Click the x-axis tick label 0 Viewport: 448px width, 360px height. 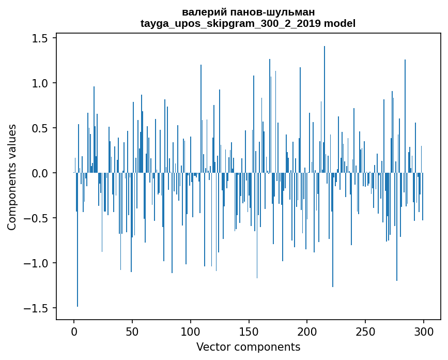[74, 331]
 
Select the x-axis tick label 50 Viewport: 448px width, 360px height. [132, 331]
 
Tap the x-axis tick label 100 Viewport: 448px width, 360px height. [191, 331]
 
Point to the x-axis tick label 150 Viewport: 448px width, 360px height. [249, 331]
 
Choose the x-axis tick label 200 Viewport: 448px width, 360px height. [307, 331]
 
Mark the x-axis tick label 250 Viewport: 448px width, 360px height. [365, 331]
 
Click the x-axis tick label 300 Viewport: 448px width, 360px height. [424, 331]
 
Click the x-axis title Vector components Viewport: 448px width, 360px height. [248, 347]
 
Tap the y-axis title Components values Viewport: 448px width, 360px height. [12, 177]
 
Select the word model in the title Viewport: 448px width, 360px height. [339, 23]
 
